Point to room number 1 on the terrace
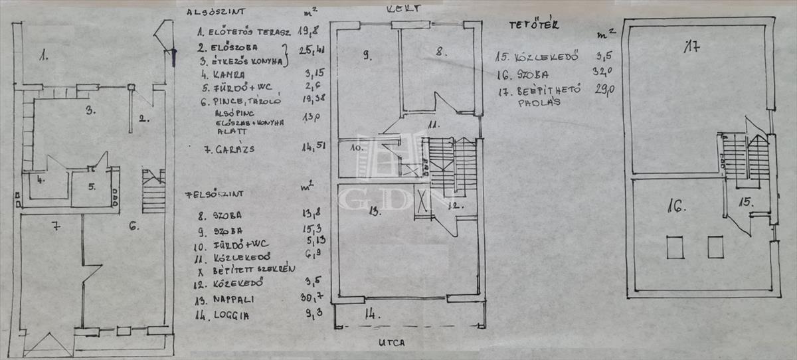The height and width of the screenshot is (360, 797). (43, 56)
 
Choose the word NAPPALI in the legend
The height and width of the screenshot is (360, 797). (235, 300)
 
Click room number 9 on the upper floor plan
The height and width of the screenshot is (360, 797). (366, 56)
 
